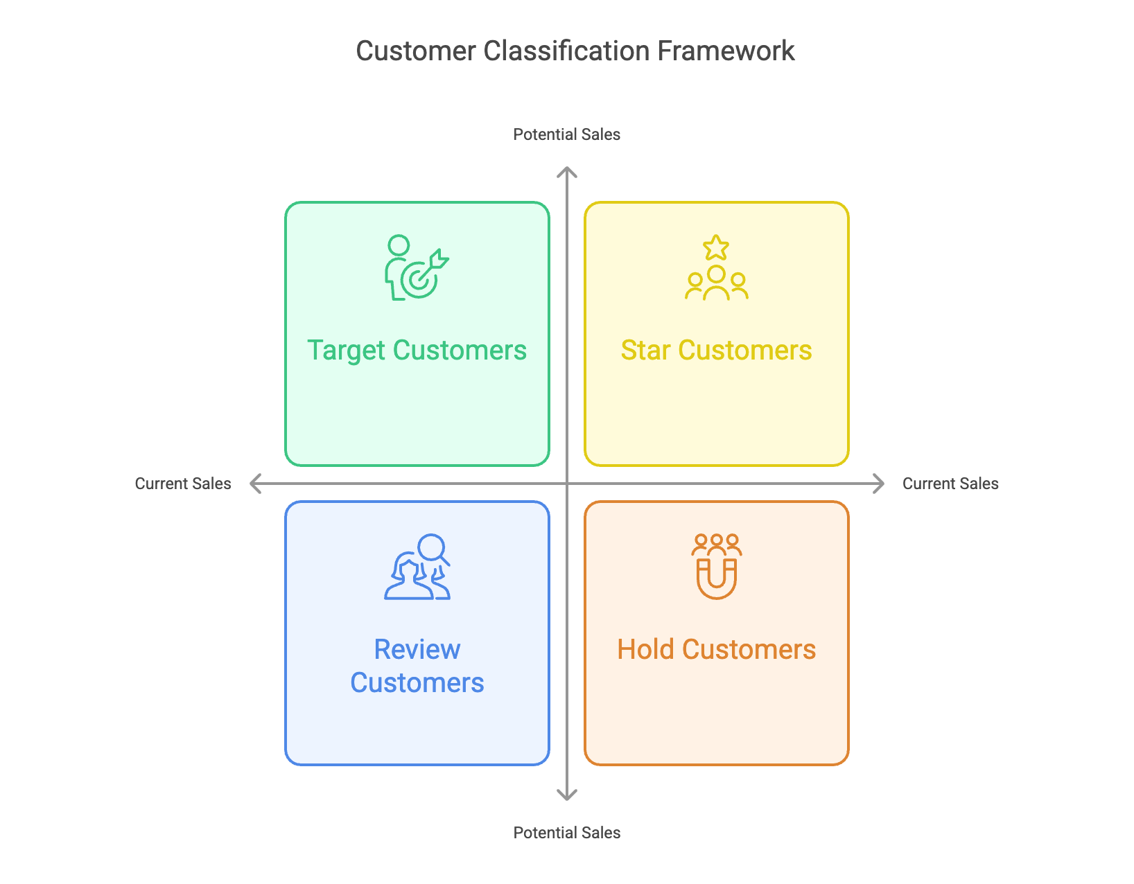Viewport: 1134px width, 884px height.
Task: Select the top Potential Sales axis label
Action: click(566, 134)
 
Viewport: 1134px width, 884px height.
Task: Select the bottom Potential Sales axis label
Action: click(566, 833)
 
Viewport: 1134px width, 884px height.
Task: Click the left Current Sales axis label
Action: click(183, 484)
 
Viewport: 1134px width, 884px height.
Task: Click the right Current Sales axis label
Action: click(950, 484)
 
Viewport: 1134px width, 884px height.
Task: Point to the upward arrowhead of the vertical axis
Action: click(567, 172)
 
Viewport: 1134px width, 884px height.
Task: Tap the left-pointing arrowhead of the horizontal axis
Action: click(254, 484)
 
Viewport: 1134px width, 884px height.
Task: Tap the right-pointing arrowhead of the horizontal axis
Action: click(880, 484)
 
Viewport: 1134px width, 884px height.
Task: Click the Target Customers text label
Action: click(417, 351)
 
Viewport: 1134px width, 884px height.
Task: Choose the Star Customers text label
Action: click(716, 351)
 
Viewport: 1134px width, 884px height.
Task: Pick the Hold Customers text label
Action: click(716, 650)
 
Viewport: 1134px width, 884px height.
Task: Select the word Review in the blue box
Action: click(417, 650)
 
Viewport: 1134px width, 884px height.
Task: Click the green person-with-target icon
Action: click(416, 267)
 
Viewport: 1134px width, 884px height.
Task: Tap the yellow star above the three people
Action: click(716, 247)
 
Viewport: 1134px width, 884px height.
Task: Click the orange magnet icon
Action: click(716, 578)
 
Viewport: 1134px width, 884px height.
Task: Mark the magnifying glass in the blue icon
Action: click(433, 548)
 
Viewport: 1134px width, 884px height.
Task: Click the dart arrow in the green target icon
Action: click(437, 261)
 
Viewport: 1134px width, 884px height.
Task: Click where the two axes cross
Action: click(567, 484)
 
